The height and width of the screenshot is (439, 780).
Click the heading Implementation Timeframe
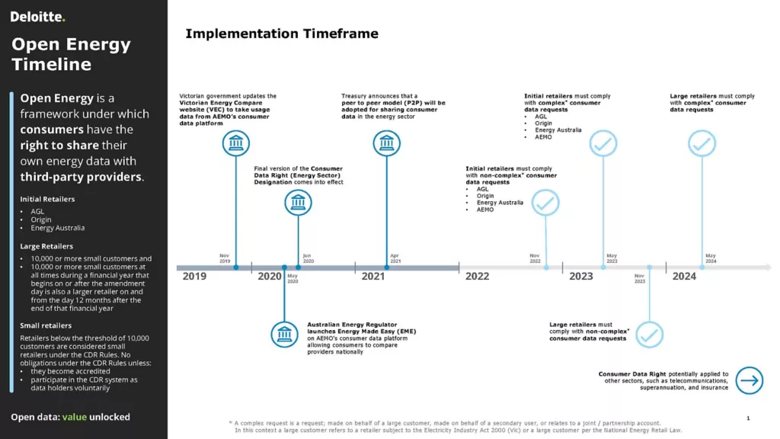click(282, 34)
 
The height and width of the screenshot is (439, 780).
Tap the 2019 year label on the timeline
click(194, 277)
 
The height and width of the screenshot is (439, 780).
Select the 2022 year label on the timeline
click(477, 277)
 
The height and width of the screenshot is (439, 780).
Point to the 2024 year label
click(684, 277)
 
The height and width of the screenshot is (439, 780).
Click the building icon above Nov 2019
click(235, 143)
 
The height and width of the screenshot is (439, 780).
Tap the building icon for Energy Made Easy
click(285, 335)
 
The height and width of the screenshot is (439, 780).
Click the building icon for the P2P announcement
click(386, 143)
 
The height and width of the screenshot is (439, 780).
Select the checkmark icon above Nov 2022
click(545, 203)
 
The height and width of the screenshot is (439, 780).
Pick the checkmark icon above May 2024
click(702, 143)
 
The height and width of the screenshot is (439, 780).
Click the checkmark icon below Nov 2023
click(649, 335)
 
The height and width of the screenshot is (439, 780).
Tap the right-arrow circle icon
click(750, 380)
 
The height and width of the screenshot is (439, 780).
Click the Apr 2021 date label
click(395, 258)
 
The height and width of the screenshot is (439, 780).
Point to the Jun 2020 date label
click(307, 258)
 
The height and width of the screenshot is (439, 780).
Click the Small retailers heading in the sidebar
click(46, 325)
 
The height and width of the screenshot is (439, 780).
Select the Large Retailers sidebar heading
click(46, 246)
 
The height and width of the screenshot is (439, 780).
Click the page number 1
click(748, 418)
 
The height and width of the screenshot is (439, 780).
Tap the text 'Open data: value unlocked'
click(70, 417)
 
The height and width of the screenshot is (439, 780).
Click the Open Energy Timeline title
click(71, 54)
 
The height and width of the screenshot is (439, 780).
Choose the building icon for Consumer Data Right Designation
click(298, 203)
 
